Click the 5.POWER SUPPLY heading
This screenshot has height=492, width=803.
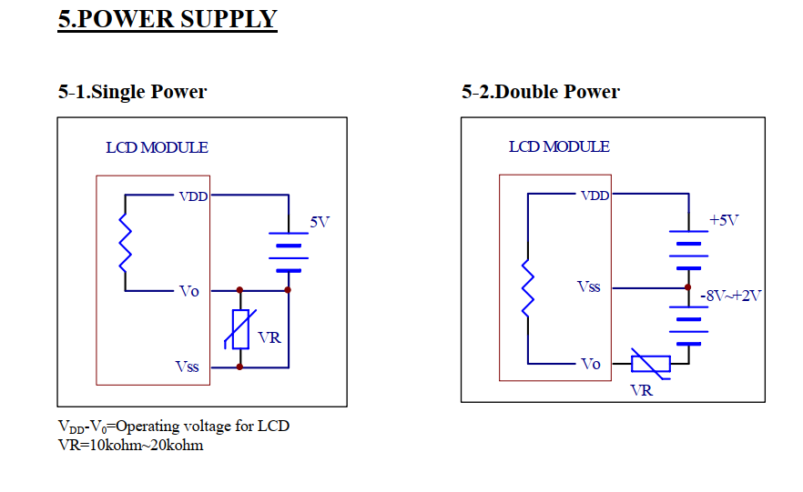click(x=168, y=19)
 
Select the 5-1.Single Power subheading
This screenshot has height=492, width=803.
click(x=132, y=92)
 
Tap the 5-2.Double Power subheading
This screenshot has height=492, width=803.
click(x=540, y=92)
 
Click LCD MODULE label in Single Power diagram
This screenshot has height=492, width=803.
click(x=157, y=147)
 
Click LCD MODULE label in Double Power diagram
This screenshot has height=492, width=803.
click(x=559, y=146)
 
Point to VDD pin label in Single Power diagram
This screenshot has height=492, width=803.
click(x=193, y=196)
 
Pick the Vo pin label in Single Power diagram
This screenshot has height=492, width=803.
click(x=189, y=292)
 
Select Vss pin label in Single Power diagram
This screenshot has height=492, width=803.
click(x=187, y=366)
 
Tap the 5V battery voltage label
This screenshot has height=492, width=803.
click(x=320, y=222)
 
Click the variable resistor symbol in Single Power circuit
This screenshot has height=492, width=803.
click(x=240, y=329)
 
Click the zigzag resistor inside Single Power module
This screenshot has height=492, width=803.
click(x=126, y=243)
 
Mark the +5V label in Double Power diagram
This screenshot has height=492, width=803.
click(x=724, y=220)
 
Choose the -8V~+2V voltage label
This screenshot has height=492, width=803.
click(x=731, y=296)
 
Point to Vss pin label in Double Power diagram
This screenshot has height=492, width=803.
click(x=588, y=286)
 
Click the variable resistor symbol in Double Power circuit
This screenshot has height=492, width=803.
click(x=650, y=364)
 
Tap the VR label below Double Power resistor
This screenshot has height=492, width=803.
click(x=641, y=391)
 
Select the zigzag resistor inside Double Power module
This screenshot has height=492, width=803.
click(x=528, y=288)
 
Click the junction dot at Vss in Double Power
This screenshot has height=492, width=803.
click(x=687, y=287)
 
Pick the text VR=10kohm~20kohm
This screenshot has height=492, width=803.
click(x=130, y=446)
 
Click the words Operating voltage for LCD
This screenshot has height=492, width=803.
click(x=203, y=426)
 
